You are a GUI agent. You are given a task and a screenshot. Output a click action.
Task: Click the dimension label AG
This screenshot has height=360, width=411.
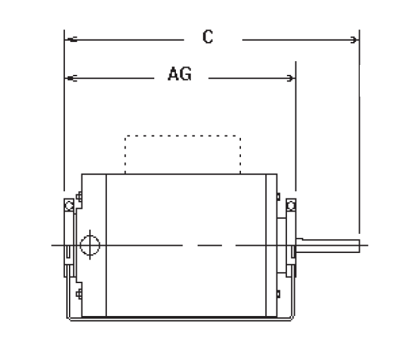(x=179, y=76)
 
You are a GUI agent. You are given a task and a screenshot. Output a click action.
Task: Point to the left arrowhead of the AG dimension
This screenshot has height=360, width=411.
(x=70, y=79)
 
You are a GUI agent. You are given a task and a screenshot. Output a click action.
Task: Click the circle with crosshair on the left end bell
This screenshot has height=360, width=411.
(x=89, y=246)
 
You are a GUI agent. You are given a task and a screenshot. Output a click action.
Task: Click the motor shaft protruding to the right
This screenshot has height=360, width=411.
(x=328, y=246)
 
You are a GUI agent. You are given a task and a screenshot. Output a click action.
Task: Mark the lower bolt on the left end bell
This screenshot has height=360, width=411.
(x=79, y=293)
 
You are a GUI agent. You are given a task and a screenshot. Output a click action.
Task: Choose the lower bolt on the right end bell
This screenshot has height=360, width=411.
(x=279, y=293)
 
